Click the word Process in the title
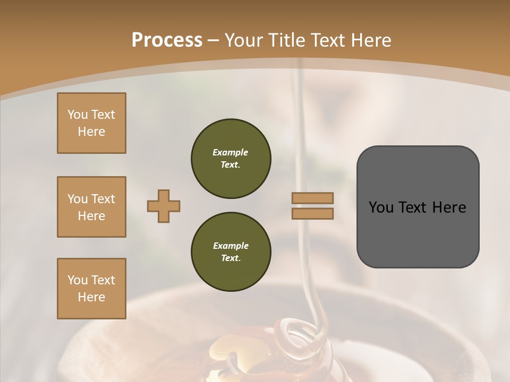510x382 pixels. [167, 40]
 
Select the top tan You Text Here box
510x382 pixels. [91, 123]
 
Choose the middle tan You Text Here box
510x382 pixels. [91, 207]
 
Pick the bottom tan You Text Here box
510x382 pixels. [91, 289]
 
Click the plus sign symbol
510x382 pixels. [164, 206]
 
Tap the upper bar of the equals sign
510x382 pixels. [312, 198]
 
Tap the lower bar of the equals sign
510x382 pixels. [312, 213]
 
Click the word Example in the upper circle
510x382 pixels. [231, 152]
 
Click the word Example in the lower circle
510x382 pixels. [231, 246]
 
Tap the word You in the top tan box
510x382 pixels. [78, 115]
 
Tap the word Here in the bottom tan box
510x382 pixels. [91, 297]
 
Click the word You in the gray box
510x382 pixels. [381, 207]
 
